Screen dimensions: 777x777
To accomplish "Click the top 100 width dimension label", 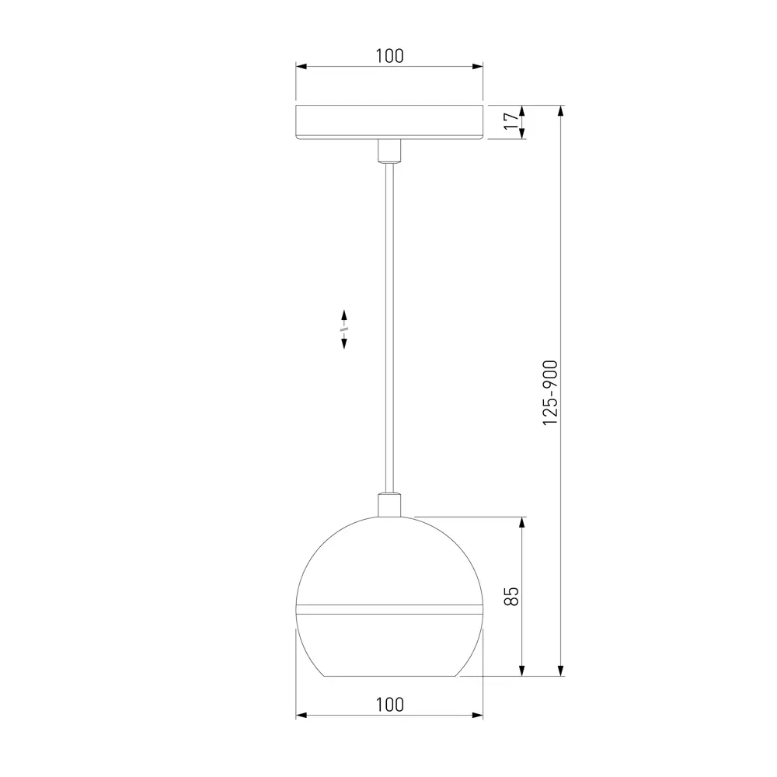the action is point(389,56).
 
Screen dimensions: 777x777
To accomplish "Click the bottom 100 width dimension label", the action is point(389,705).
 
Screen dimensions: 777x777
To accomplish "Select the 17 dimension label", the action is point(511,121).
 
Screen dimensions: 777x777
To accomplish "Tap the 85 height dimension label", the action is point(511,596).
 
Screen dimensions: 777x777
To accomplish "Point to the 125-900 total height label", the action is point(550,392).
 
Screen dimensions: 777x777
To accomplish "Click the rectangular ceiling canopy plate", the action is point(389,122).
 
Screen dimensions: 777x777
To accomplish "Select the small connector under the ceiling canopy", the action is point(389,152).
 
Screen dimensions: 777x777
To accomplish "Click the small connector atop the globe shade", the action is point(389,504).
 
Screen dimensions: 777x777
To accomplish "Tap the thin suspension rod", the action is point(389,328).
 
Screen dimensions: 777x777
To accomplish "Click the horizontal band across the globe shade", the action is point(389,609).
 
